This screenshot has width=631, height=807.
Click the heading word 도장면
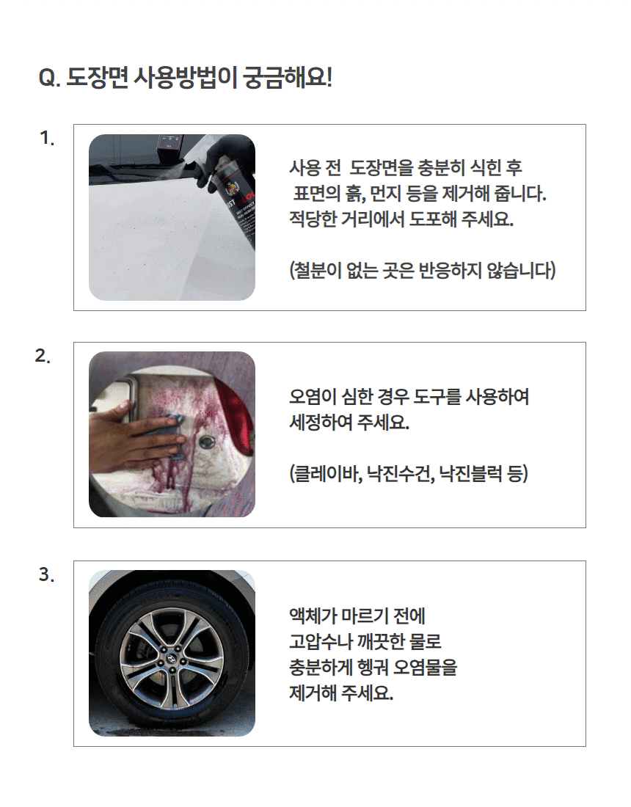tap(97, 78)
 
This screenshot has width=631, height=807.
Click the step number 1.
tap(47, 138)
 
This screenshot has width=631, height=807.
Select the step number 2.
tap(43, 356)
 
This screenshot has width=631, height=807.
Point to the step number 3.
tap(46, 574)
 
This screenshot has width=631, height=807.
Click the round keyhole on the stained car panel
tap(208, 441)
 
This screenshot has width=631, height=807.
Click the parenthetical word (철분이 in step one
tap(315, 270)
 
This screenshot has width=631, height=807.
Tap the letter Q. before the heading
tap(50, 78)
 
